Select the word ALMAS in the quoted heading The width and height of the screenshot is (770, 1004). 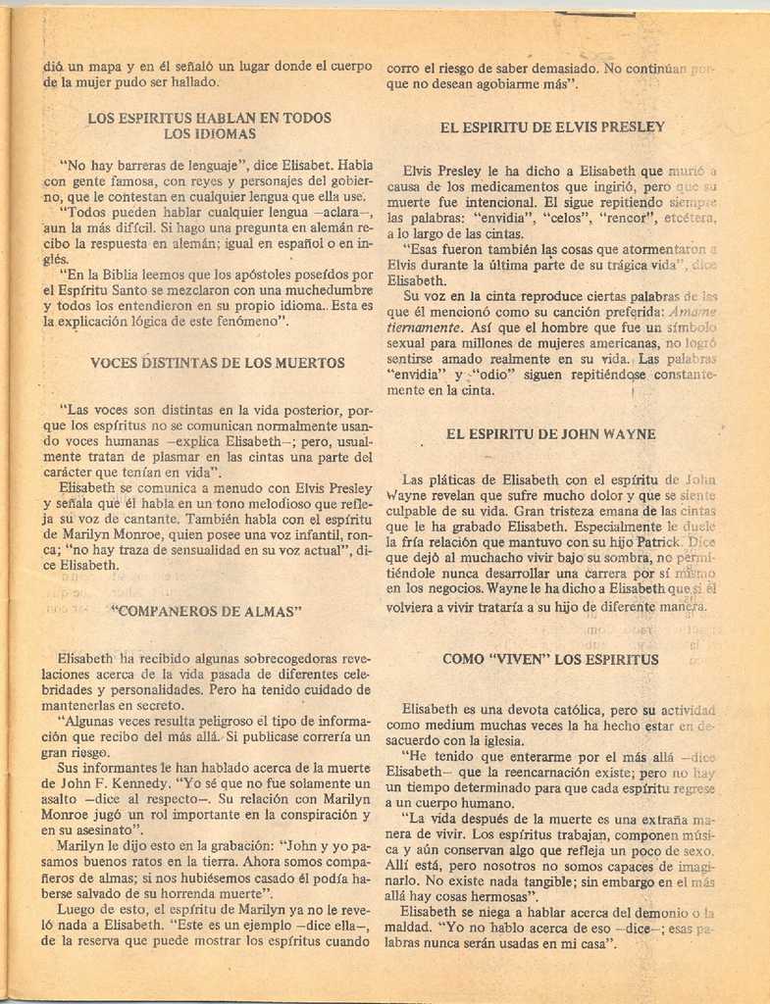pos(271,611)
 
